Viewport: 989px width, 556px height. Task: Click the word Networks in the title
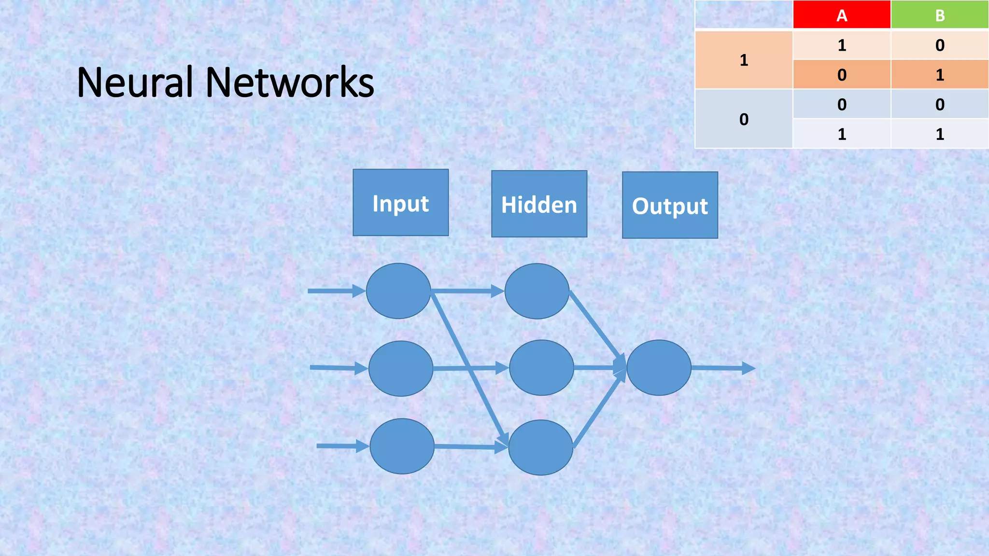click(290, 82)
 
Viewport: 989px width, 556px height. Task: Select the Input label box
click(400, 203)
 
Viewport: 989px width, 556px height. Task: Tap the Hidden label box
click(539, 204)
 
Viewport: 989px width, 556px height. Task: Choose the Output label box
click(670, 205)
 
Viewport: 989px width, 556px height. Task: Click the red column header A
click(842, 15)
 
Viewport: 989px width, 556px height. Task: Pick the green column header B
click(940, 15)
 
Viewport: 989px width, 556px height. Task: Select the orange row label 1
click(744, 60)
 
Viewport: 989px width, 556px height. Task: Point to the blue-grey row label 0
click(744, 119)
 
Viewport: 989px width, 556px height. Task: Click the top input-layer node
click(398, 291)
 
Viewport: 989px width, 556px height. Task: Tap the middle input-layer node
click(401, 368)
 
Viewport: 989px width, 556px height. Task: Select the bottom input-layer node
click(402, 446)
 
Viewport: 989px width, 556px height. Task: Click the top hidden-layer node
click(537, 291)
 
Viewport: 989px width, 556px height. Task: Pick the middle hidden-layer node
click(541, 368)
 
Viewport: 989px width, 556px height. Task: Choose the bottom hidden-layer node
click(540, 447)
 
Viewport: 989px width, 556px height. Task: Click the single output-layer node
click(659, 368)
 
